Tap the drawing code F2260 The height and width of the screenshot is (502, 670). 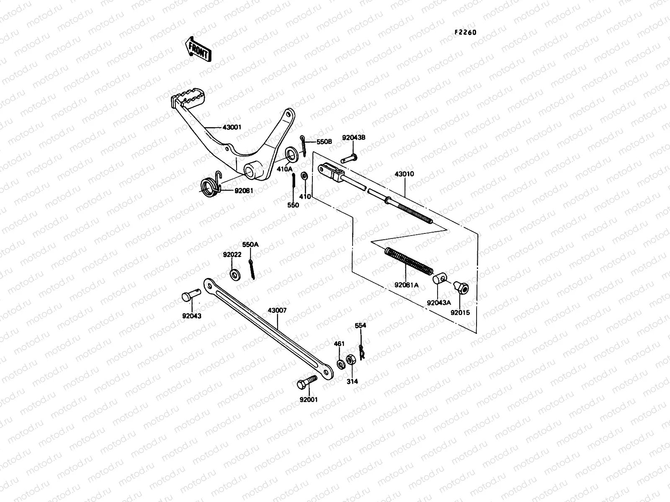coord(466,33)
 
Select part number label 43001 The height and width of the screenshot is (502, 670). coord(220,127)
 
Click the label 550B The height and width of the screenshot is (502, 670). coord(324,142)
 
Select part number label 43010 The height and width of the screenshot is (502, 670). coord(404,174)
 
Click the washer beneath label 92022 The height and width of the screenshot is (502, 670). coord(234,275)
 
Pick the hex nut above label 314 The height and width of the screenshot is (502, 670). coord(351,360)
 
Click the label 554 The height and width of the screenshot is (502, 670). coord(361,325)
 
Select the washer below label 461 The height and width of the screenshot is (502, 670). coord(341,362)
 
